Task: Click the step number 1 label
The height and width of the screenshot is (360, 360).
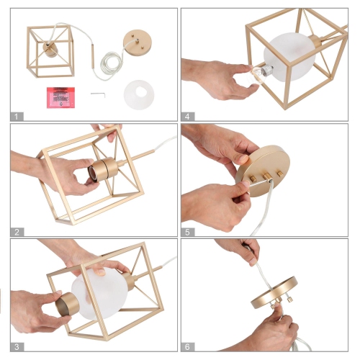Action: click(x=17, y=117)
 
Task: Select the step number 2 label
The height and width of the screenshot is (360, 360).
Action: click(x=17, y=232)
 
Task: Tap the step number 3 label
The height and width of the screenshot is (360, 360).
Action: click(x=17, y=347)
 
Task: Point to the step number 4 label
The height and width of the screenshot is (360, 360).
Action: click(x=188, y=117)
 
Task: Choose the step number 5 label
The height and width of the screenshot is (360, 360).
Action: click(x=188, y=232)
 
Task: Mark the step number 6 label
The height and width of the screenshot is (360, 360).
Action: click(x=188, y=347)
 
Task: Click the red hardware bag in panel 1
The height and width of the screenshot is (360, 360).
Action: click(x=60, y=97)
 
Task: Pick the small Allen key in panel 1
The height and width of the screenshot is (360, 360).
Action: click(x=98, y=94)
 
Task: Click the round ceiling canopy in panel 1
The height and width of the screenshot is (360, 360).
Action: click(x=138, y=42)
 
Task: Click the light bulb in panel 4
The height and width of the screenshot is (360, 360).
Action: click(x=261, y=73)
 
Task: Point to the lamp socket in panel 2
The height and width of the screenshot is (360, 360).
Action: click(x=103, y=169)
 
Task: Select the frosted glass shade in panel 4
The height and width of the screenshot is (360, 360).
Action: click(x=289, y=57)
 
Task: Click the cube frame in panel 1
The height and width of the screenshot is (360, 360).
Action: click(x=50, y=51)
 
